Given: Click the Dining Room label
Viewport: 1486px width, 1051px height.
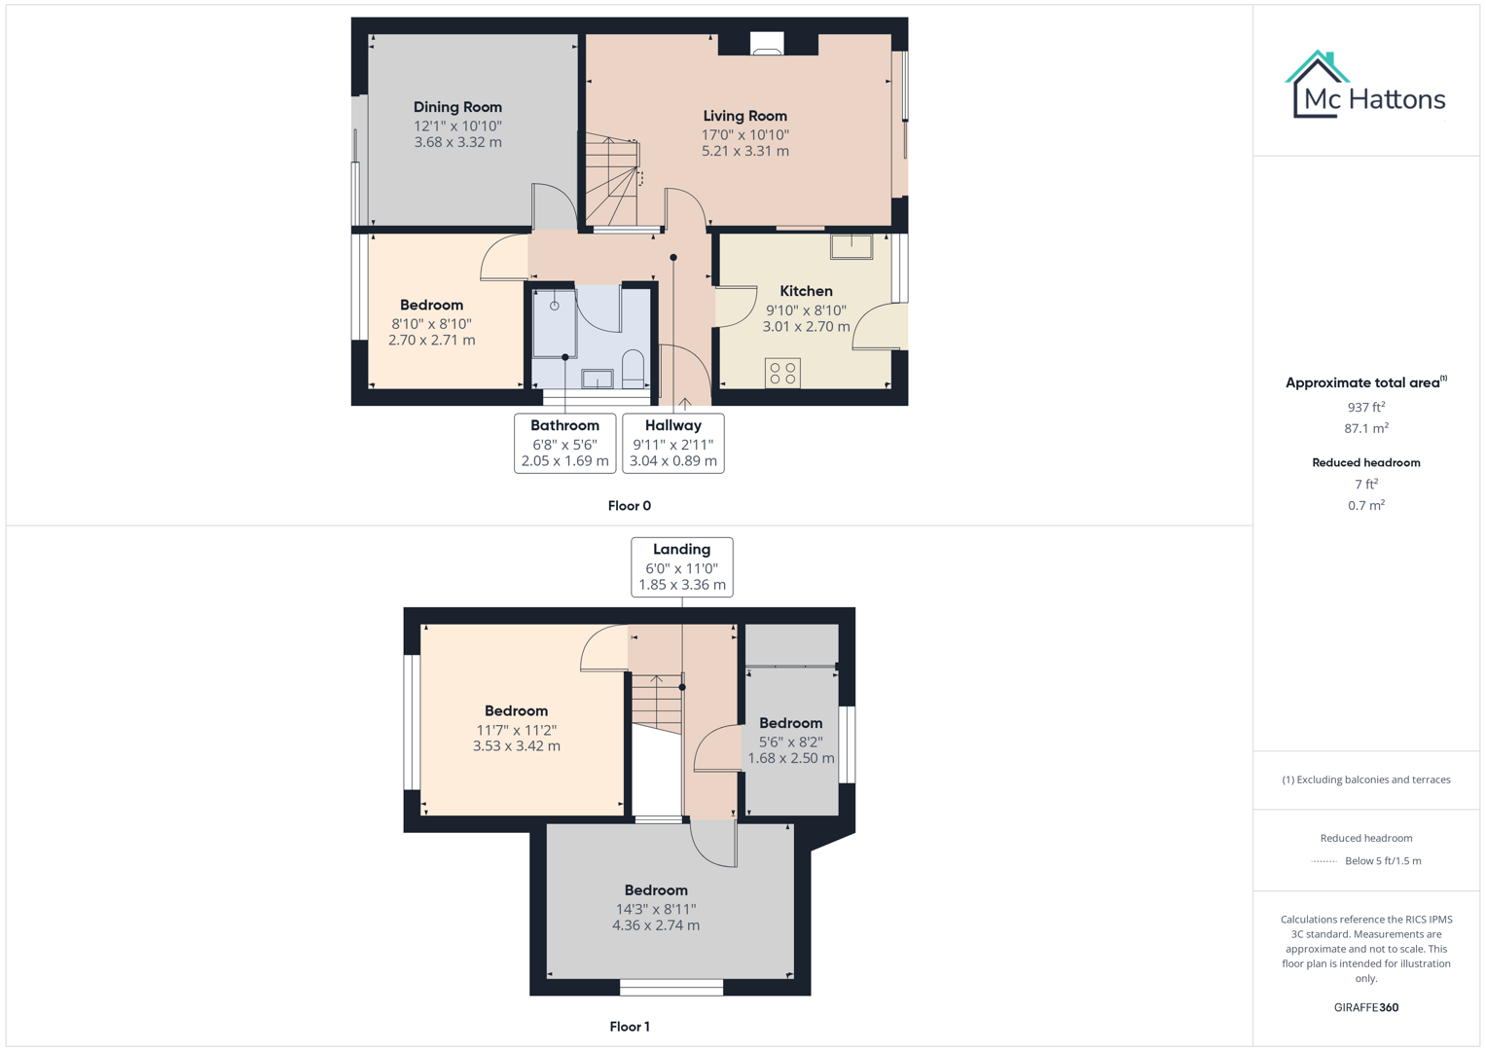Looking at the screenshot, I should pyautogui.click(x=457, y=107).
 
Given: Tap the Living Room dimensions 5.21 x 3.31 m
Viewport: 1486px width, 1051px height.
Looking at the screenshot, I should pyautogui.click(x=744, y=151).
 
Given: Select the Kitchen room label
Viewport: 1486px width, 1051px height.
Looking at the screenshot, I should pyautogui.click(x=806, y=291).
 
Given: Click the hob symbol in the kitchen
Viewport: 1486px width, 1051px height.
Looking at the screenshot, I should pyautogui.click(x=782, y=373).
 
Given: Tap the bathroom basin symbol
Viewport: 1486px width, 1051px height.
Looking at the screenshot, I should pyautogui.click(x=597, y=379).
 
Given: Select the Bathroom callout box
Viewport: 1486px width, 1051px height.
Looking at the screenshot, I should pyautogui.click(x=564, y=443).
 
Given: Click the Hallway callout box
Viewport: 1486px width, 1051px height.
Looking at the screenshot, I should pyautogui.click(x=672, y=443).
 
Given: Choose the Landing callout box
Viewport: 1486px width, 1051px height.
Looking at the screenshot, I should pyautogui.click(x=681, y=566).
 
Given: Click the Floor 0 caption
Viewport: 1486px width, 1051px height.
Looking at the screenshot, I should pyautogui.click(x=629, y=506).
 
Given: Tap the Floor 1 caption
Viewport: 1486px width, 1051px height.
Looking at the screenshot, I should pyautogui.click(x=629, y=1027).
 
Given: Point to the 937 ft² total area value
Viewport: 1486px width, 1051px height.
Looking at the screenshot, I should pyautogui.click(x=1365, y=408).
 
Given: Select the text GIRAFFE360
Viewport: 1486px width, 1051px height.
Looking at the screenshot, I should pyautogui.click(x=1365, y=1007).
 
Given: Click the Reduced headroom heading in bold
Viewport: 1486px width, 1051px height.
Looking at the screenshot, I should pyautogui.click(x=1365, y=462).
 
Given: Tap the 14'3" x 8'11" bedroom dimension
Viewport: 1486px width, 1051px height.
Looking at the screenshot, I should pyautogui.click(x=655, y=909).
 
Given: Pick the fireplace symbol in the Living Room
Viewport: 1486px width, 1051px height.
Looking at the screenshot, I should pyautogui.click(x=767, y=45).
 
